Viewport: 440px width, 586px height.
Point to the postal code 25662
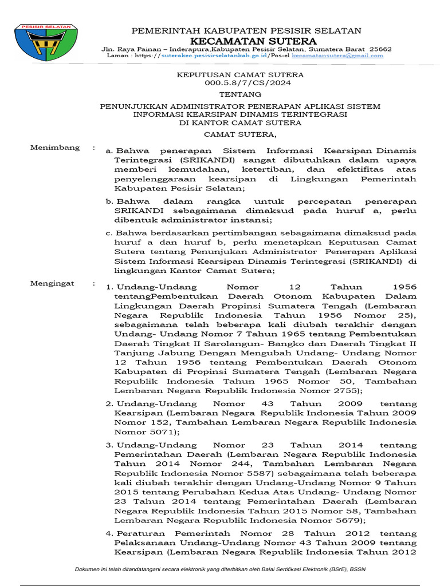point(381,49)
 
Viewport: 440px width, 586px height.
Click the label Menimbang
point(55,148)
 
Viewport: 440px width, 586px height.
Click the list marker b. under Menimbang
point(108,202)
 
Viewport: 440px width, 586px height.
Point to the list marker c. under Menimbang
point(108,233)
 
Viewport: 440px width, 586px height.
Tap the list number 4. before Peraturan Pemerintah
point(108,534)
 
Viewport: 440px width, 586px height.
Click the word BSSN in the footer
point(358,570)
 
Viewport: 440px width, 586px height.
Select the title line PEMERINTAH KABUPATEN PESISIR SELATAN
point(246,30)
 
